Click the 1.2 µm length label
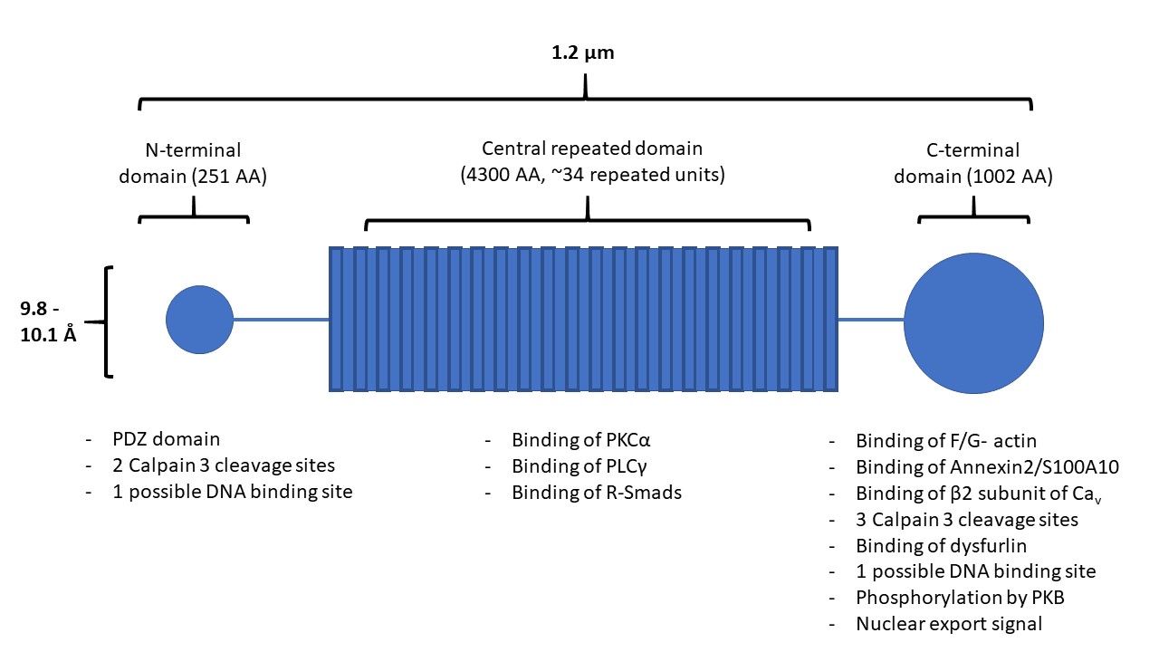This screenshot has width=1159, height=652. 583,53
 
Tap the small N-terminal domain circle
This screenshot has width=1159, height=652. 199,320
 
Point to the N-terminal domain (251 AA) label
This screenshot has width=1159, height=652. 193,163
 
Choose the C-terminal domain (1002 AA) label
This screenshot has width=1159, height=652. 973,163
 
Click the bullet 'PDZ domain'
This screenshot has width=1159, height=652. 175,440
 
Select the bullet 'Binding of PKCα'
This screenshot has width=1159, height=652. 581,441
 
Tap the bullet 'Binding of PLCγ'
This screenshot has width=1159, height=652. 580,467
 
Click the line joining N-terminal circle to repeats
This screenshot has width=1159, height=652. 281,320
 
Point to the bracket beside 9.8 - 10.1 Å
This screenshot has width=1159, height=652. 110,321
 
